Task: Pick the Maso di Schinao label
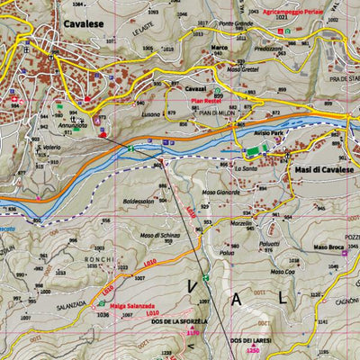click(156, 234)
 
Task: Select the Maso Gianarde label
click(220, 192)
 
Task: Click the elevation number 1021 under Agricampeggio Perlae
click(283, 18)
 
